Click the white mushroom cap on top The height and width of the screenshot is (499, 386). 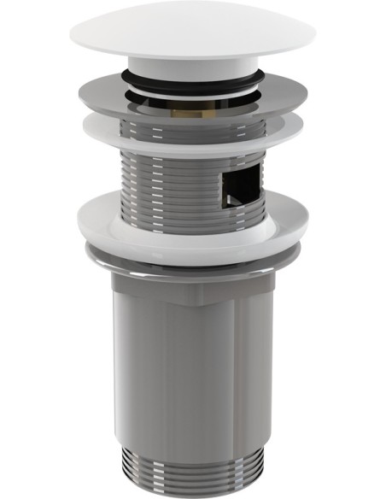pyautogui.click(x=192, y=34)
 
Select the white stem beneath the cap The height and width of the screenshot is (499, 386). pyautogui.click(x=192, y=66)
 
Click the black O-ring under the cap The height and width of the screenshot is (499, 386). pyautogui.click(x=192, y=79)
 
